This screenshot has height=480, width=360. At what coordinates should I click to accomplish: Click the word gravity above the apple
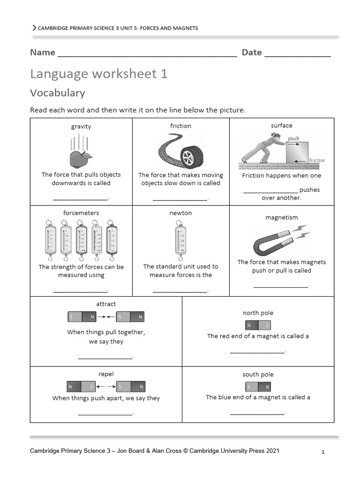click(81, 127)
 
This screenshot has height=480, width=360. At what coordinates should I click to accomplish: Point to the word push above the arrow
click(293, 138)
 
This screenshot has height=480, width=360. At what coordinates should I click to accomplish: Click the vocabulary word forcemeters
click(81, 213)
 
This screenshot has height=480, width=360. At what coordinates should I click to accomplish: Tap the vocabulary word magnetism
click(281, 217)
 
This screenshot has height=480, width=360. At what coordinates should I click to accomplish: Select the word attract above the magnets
click(106, 304)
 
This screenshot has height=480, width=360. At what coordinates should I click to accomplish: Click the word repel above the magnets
click(106, 374)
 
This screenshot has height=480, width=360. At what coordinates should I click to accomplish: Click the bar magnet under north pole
click(258, 325)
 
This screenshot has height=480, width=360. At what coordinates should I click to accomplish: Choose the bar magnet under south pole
click(258, 387)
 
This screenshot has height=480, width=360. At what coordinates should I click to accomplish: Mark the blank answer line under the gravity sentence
click(80, 199)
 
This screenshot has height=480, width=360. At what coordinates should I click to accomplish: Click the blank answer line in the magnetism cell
click(281, 286)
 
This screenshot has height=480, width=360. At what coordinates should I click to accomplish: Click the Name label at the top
click(43, 52)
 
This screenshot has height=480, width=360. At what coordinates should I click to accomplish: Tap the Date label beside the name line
click(252, 52)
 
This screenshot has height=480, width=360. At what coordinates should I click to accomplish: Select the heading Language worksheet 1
click(98, 74)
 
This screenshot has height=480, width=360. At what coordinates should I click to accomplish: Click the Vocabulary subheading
click(58, 93)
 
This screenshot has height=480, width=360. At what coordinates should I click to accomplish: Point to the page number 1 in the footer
click(323, 452)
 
